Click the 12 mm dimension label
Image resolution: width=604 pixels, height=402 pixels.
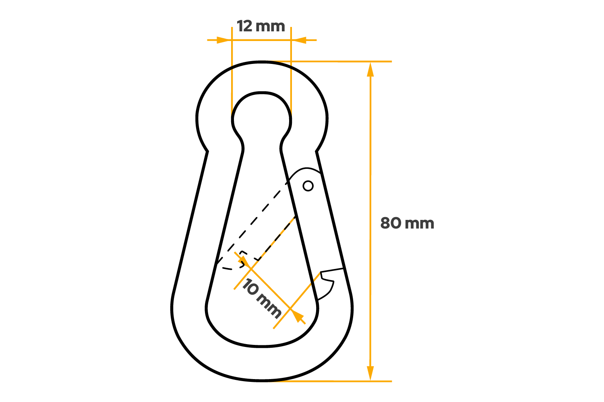tap(261, 27)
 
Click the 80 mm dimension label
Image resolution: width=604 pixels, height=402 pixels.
tap(407, 223)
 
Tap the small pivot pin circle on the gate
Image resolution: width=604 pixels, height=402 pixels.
tap(308, 186)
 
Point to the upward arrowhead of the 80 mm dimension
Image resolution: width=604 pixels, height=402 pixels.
tap(370, 69)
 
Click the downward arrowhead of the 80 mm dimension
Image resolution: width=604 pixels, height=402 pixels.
tap(370, 373)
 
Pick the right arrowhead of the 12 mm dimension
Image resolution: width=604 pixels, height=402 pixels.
tap(299, 40)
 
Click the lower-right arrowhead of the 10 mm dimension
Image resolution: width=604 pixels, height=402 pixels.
tap(298, 317)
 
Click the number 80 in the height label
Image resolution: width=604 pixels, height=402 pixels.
tap(391, 223)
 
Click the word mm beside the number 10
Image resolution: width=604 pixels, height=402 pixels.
tap(269, 307)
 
